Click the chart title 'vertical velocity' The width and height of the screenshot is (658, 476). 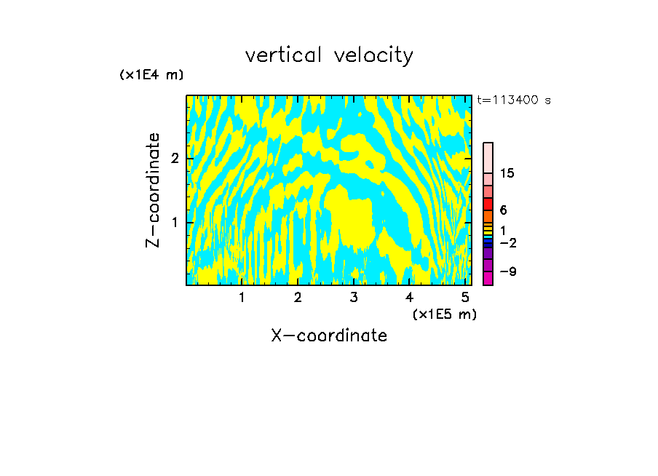(329, 55)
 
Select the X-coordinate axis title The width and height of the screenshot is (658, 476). (329, 336)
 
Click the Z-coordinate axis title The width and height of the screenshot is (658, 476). (154, 190)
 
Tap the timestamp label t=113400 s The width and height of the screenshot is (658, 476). (513, 100)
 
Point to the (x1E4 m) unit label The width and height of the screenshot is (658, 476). (151, 75)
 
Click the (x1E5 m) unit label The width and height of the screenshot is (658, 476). (444, 314)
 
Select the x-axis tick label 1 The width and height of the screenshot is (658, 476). (242, 298)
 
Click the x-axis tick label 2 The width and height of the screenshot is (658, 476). (298, 298)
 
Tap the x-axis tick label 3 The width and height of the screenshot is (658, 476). (354, 298)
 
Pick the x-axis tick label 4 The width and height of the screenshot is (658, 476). (409, 298)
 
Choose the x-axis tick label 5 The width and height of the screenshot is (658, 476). (465, 298)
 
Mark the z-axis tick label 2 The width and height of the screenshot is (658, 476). (175, 159)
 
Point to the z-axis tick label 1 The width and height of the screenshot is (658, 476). (175, 222)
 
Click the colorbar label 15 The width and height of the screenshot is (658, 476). (507, 173)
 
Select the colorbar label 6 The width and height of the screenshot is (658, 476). (503, 210)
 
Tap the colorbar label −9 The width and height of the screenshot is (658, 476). (508, 271)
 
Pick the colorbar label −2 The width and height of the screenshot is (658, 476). (508, 242)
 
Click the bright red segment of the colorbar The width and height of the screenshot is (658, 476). (488, 204)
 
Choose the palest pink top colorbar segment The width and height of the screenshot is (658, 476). (488, 157)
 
